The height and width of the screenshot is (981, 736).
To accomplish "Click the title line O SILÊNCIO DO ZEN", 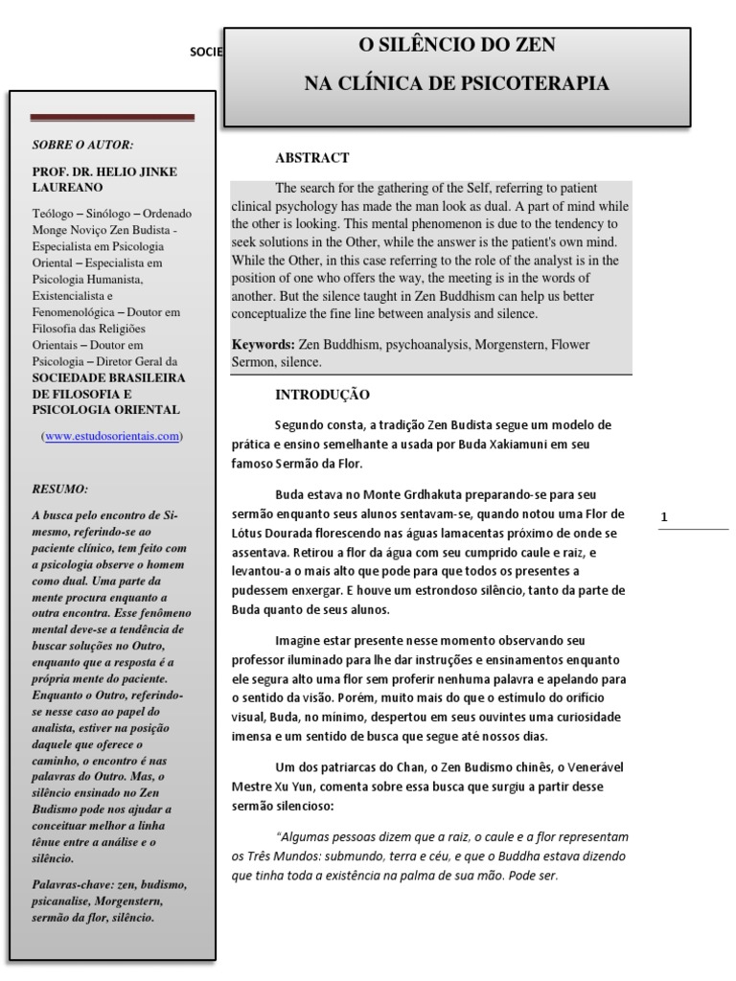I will [456, 45].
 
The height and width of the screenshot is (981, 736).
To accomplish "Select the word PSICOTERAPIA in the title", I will [538, 84].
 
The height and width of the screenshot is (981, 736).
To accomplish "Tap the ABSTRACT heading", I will [312, 158].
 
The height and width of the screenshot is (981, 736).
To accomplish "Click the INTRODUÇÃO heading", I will [322, 395].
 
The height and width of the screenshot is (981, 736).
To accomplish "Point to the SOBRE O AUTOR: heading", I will [83, 145].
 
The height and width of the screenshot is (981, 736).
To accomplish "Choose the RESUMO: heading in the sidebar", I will [60, 488].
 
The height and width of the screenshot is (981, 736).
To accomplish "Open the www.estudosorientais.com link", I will [111, 436].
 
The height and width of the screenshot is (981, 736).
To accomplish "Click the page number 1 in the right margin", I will [663, 518].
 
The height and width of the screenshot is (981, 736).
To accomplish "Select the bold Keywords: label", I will [263, 344].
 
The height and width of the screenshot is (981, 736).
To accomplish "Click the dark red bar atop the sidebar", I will [112, 118].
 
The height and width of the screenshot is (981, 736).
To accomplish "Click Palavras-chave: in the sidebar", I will [73, 882].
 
